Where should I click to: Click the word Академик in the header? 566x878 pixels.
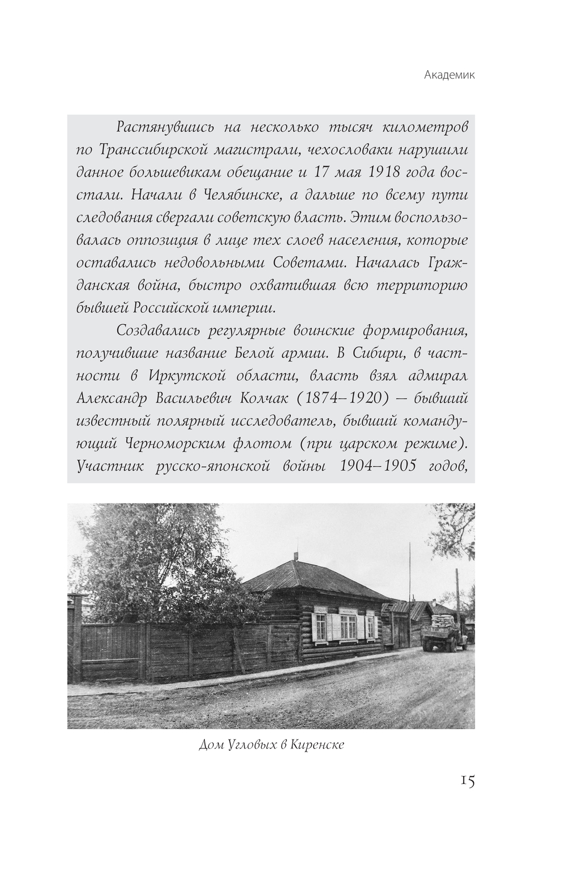[x=449, y=75]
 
